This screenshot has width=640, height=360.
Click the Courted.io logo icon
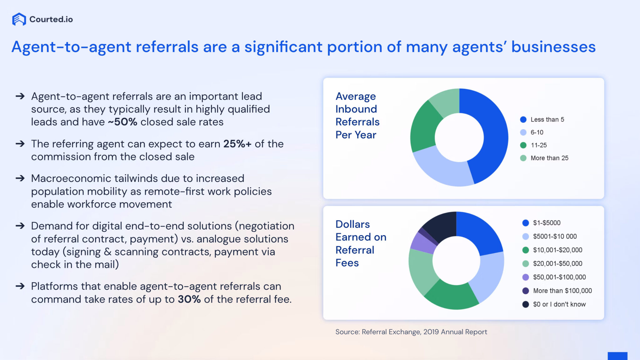tap(19, 19)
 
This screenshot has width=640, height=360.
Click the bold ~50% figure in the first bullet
tap(122, 122)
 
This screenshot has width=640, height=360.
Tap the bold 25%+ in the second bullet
tap(237, 144)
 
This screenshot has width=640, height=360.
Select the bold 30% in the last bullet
tap(189, 299)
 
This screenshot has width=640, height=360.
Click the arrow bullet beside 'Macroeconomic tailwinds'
tap(20, 178)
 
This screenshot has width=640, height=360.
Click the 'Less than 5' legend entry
tap(547, 120)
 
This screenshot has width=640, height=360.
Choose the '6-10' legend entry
tap(537, 132)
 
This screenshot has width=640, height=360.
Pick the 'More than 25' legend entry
tap(549, 158)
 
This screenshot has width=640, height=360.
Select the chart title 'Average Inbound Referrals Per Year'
tap(357, 116)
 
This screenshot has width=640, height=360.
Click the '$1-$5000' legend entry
tap(546, 223)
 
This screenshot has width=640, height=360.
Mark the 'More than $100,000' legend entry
tap(562, 291)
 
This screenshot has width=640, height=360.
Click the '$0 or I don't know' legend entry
tap(559, 304)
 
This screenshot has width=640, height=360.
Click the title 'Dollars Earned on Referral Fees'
tap(360, 244)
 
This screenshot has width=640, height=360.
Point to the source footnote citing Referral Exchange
tap(411, 332)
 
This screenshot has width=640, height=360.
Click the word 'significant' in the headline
tap(283, 47)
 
